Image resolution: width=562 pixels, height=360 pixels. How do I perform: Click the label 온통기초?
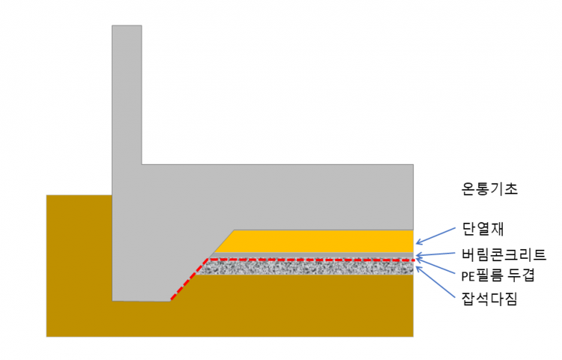[x=489, y=189]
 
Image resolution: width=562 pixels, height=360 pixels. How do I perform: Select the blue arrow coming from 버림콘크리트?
[x=438, y=254]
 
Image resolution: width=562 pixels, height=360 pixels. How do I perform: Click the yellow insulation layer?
[x=322, y=241]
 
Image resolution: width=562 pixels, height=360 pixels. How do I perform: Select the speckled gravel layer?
[x=315, y=267]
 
